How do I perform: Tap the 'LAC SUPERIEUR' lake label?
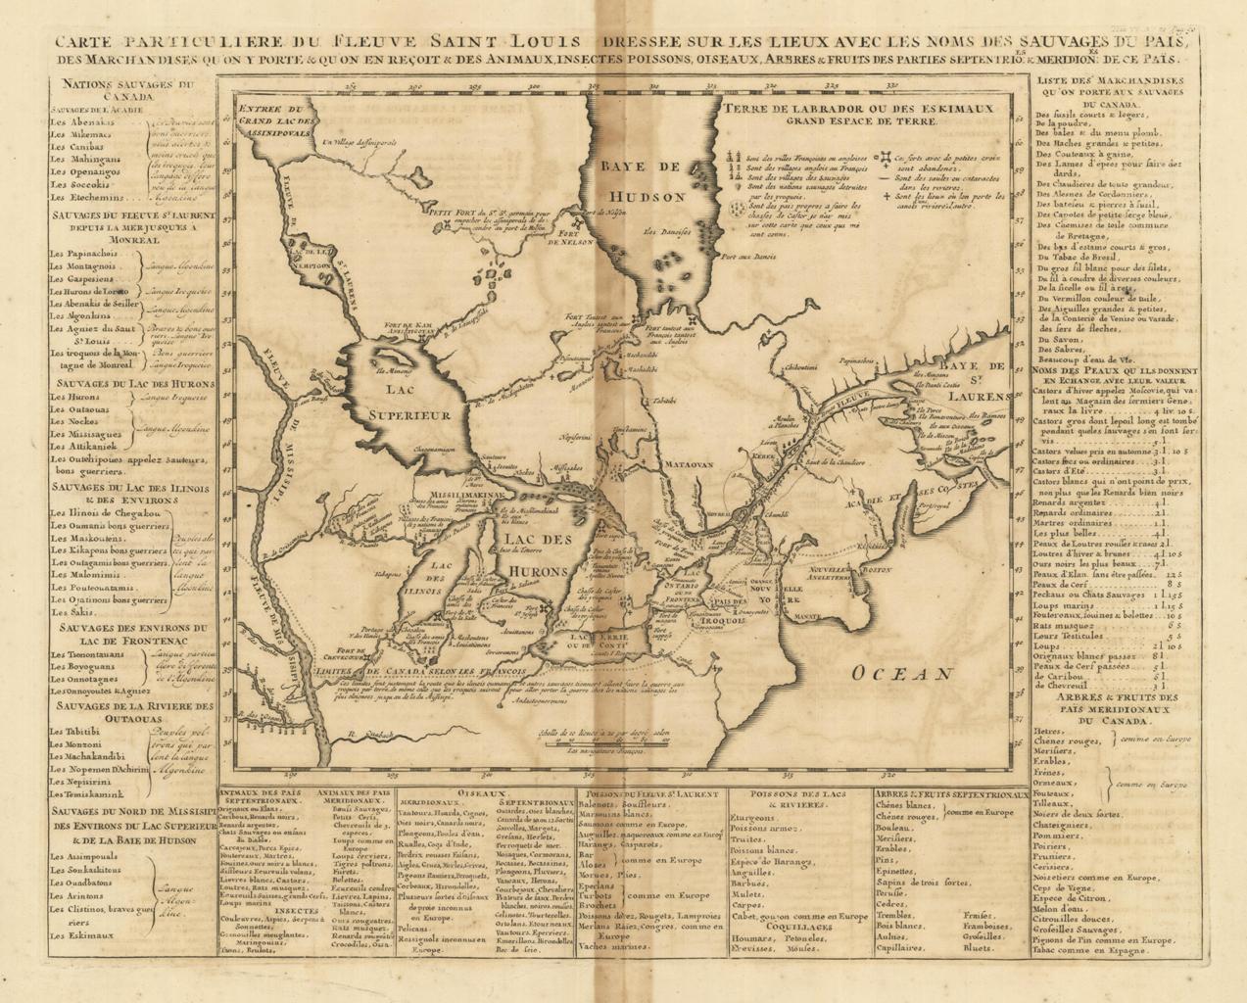[409, 397]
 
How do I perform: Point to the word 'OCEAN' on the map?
[901, 673]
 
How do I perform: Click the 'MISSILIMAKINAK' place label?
[457, 496]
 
